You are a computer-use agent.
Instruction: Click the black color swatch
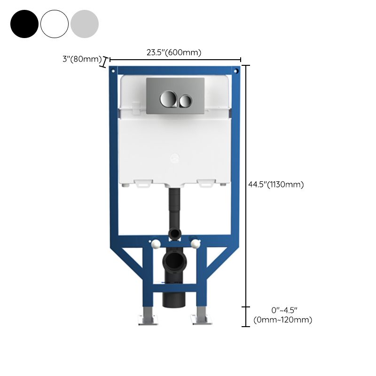click(x=24, y=24)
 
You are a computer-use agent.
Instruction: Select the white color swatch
click(x=55, y=24)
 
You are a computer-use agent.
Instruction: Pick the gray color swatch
click(x=85, y=24)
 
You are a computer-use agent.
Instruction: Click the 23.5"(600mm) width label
click(x=174, y=52)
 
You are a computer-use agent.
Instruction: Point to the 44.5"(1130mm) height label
click(x=276, y=185)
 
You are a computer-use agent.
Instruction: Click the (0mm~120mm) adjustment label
click(x=282, y=320)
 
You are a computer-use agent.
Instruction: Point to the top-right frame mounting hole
click(x=236, y=71)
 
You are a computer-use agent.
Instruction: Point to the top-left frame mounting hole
click(x=113, y=71)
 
